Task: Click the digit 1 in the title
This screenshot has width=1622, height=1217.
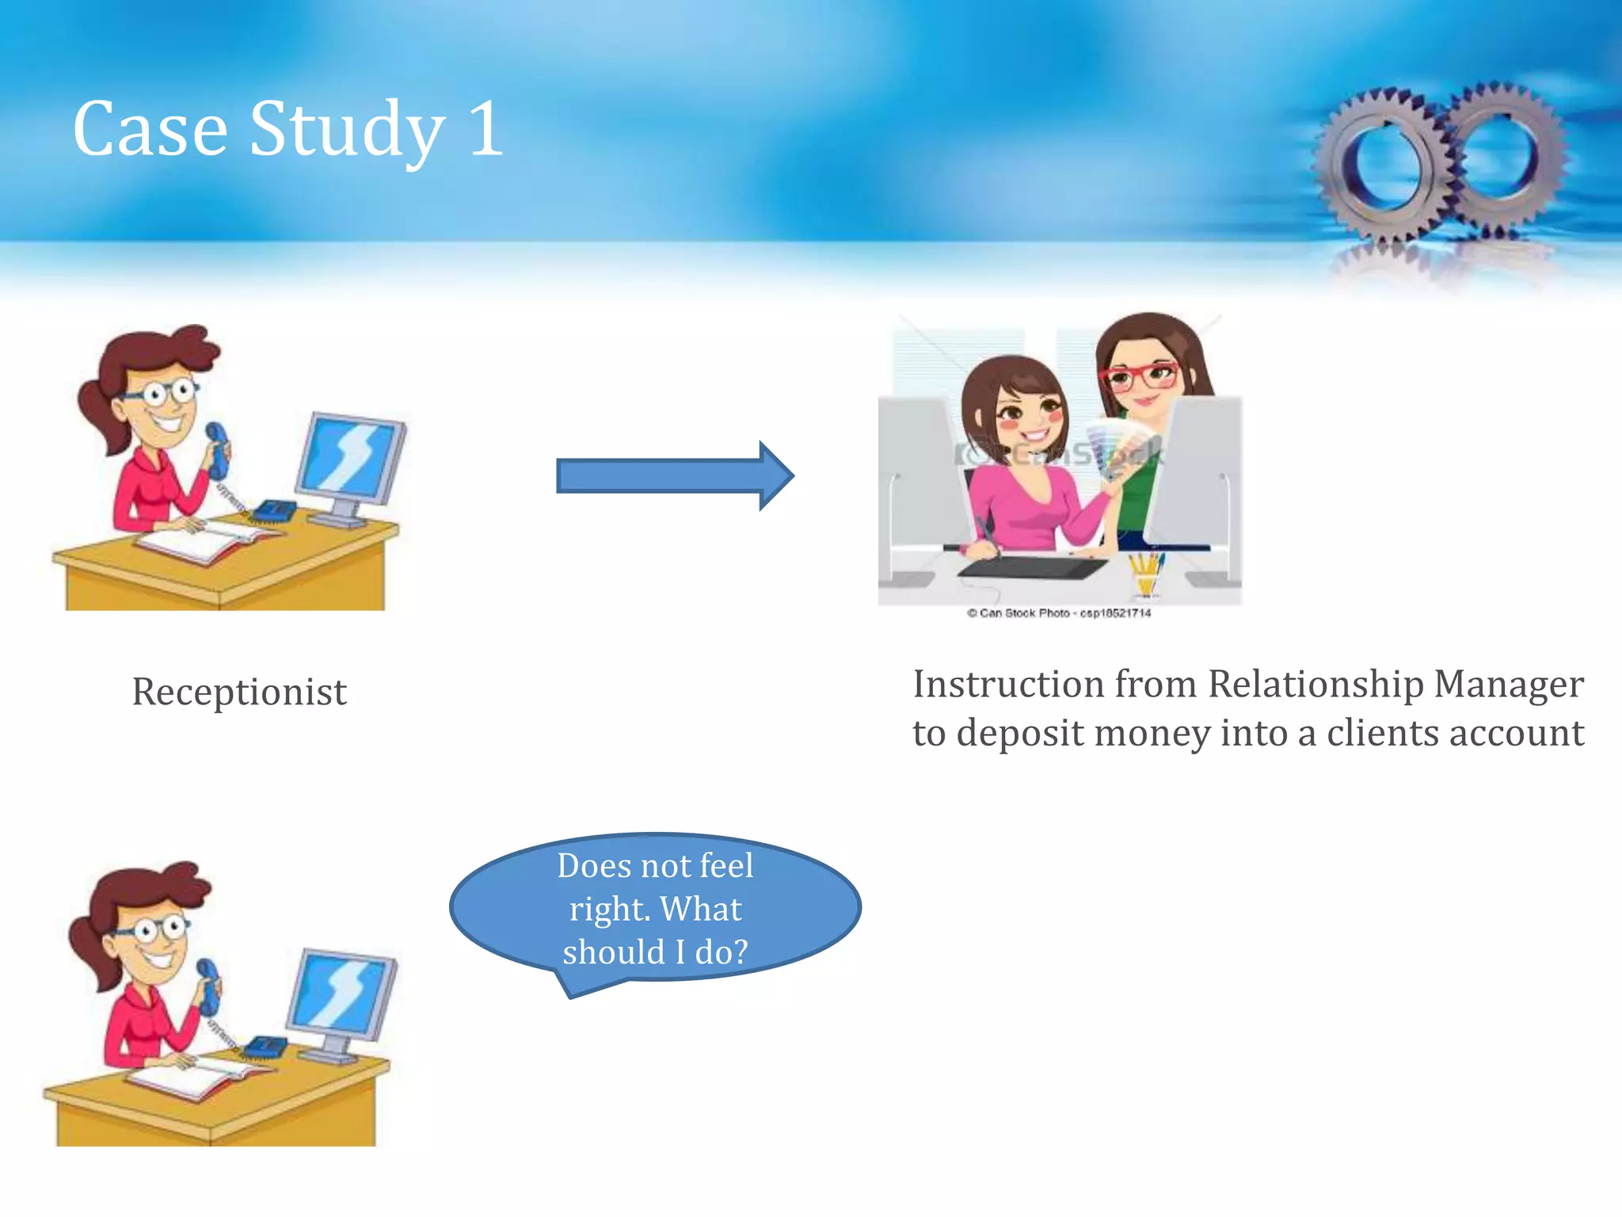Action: point(485,128)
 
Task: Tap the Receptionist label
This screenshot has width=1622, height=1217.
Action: point(238,692)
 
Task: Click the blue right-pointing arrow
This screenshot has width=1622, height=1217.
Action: point(673,476)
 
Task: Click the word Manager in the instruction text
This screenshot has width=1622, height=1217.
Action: point(1508,685)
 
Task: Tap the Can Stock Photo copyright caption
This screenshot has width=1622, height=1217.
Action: point(1058,612)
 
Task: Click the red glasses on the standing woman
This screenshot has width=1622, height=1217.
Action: point(1140,376)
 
